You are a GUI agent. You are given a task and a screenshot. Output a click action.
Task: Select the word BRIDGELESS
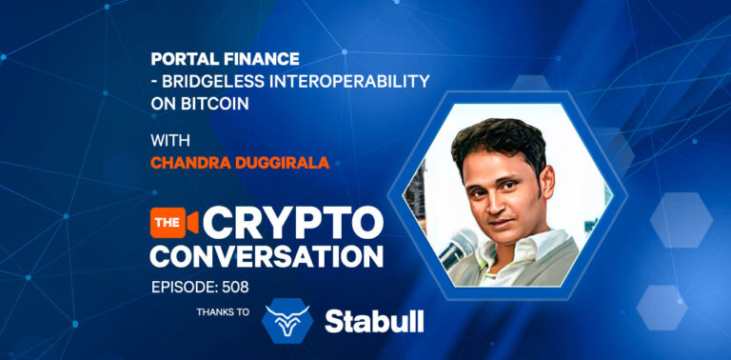click(210, 80)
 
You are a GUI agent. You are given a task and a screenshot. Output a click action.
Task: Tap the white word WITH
click(170, 141)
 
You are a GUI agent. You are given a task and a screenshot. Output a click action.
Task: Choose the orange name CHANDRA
click(190, 163)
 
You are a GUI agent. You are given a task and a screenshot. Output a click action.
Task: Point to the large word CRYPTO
click(291, 223)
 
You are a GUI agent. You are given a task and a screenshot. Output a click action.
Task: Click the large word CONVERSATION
click(267, 255)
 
